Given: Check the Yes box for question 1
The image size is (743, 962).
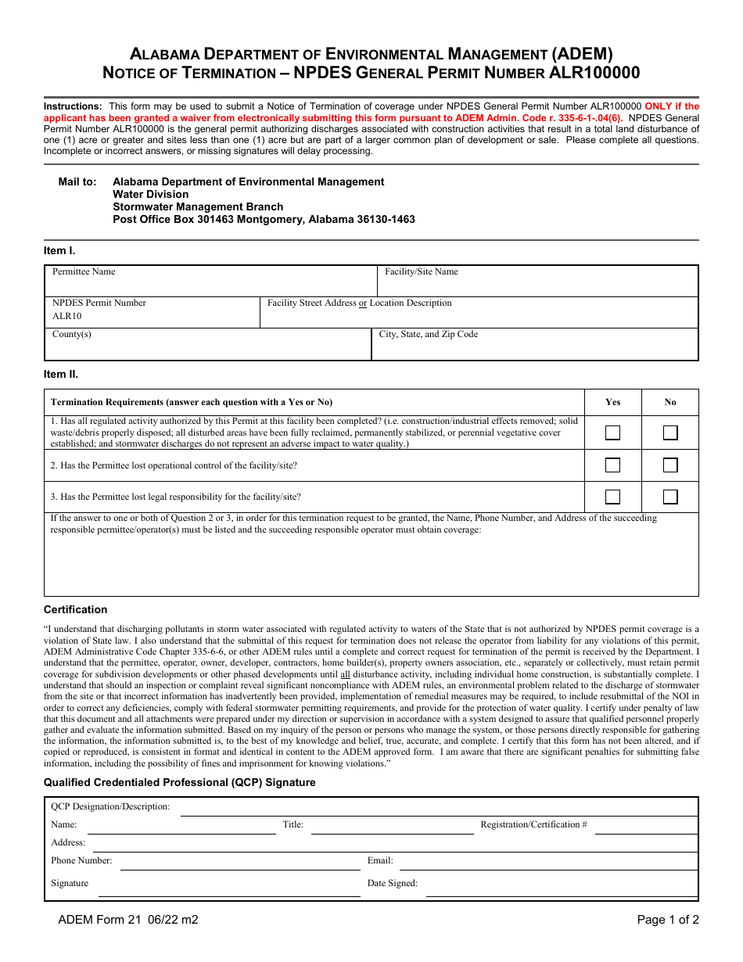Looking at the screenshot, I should coord(613,433).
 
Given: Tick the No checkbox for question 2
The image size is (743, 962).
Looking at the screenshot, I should coord(670,465).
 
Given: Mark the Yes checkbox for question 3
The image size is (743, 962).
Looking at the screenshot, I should coord(613,497).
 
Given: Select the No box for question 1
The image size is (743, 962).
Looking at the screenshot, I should coord(670,433).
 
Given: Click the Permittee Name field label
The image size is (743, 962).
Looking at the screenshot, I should coord(84,272).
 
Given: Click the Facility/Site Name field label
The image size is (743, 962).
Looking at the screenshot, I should coord(422,272).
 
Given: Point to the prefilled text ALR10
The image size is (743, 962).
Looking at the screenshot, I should coord(66,317).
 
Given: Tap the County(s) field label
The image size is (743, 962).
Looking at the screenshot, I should coord(72,335).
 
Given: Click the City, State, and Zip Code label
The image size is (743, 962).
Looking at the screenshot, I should coord(429,335).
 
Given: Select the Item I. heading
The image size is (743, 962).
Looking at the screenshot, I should coord(59,250).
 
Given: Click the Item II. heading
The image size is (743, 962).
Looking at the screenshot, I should coord(61,374).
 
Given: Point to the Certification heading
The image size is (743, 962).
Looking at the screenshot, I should coord(75,609).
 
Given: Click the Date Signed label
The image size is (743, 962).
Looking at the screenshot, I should coord(393,884).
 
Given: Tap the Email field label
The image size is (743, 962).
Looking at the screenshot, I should coord(380,861).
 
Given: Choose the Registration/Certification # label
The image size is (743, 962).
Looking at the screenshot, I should coord(533,824).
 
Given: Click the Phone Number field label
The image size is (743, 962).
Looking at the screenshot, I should coord(81,861).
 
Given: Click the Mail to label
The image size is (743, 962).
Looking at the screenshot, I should coord(77,181).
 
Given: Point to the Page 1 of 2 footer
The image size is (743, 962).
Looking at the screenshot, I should coord(668,920).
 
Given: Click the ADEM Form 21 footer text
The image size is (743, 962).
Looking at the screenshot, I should coord(128,920).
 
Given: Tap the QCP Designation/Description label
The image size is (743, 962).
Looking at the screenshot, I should coord(110,806).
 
